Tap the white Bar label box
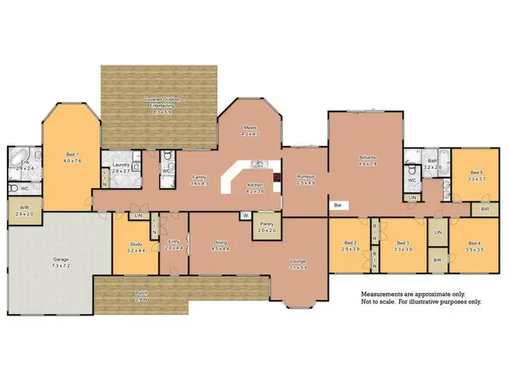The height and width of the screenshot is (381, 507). tap(336, 204)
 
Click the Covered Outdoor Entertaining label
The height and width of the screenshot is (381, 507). tap(160, 102)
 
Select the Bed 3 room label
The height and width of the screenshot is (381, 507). tap(403, 242)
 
